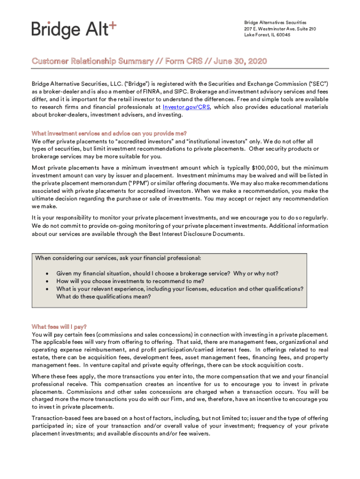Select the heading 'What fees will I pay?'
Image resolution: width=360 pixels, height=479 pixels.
(x=59, y=327)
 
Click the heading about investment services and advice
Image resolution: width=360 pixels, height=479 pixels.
(x=109, y=133)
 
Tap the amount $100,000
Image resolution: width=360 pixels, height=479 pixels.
(x=265, y=167)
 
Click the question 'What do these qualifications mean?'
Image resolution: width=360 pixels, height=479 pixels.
(x=103, y=297)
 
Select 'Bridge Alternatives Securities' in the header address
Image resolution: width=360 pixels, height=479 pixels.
(x=275, y=22)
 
